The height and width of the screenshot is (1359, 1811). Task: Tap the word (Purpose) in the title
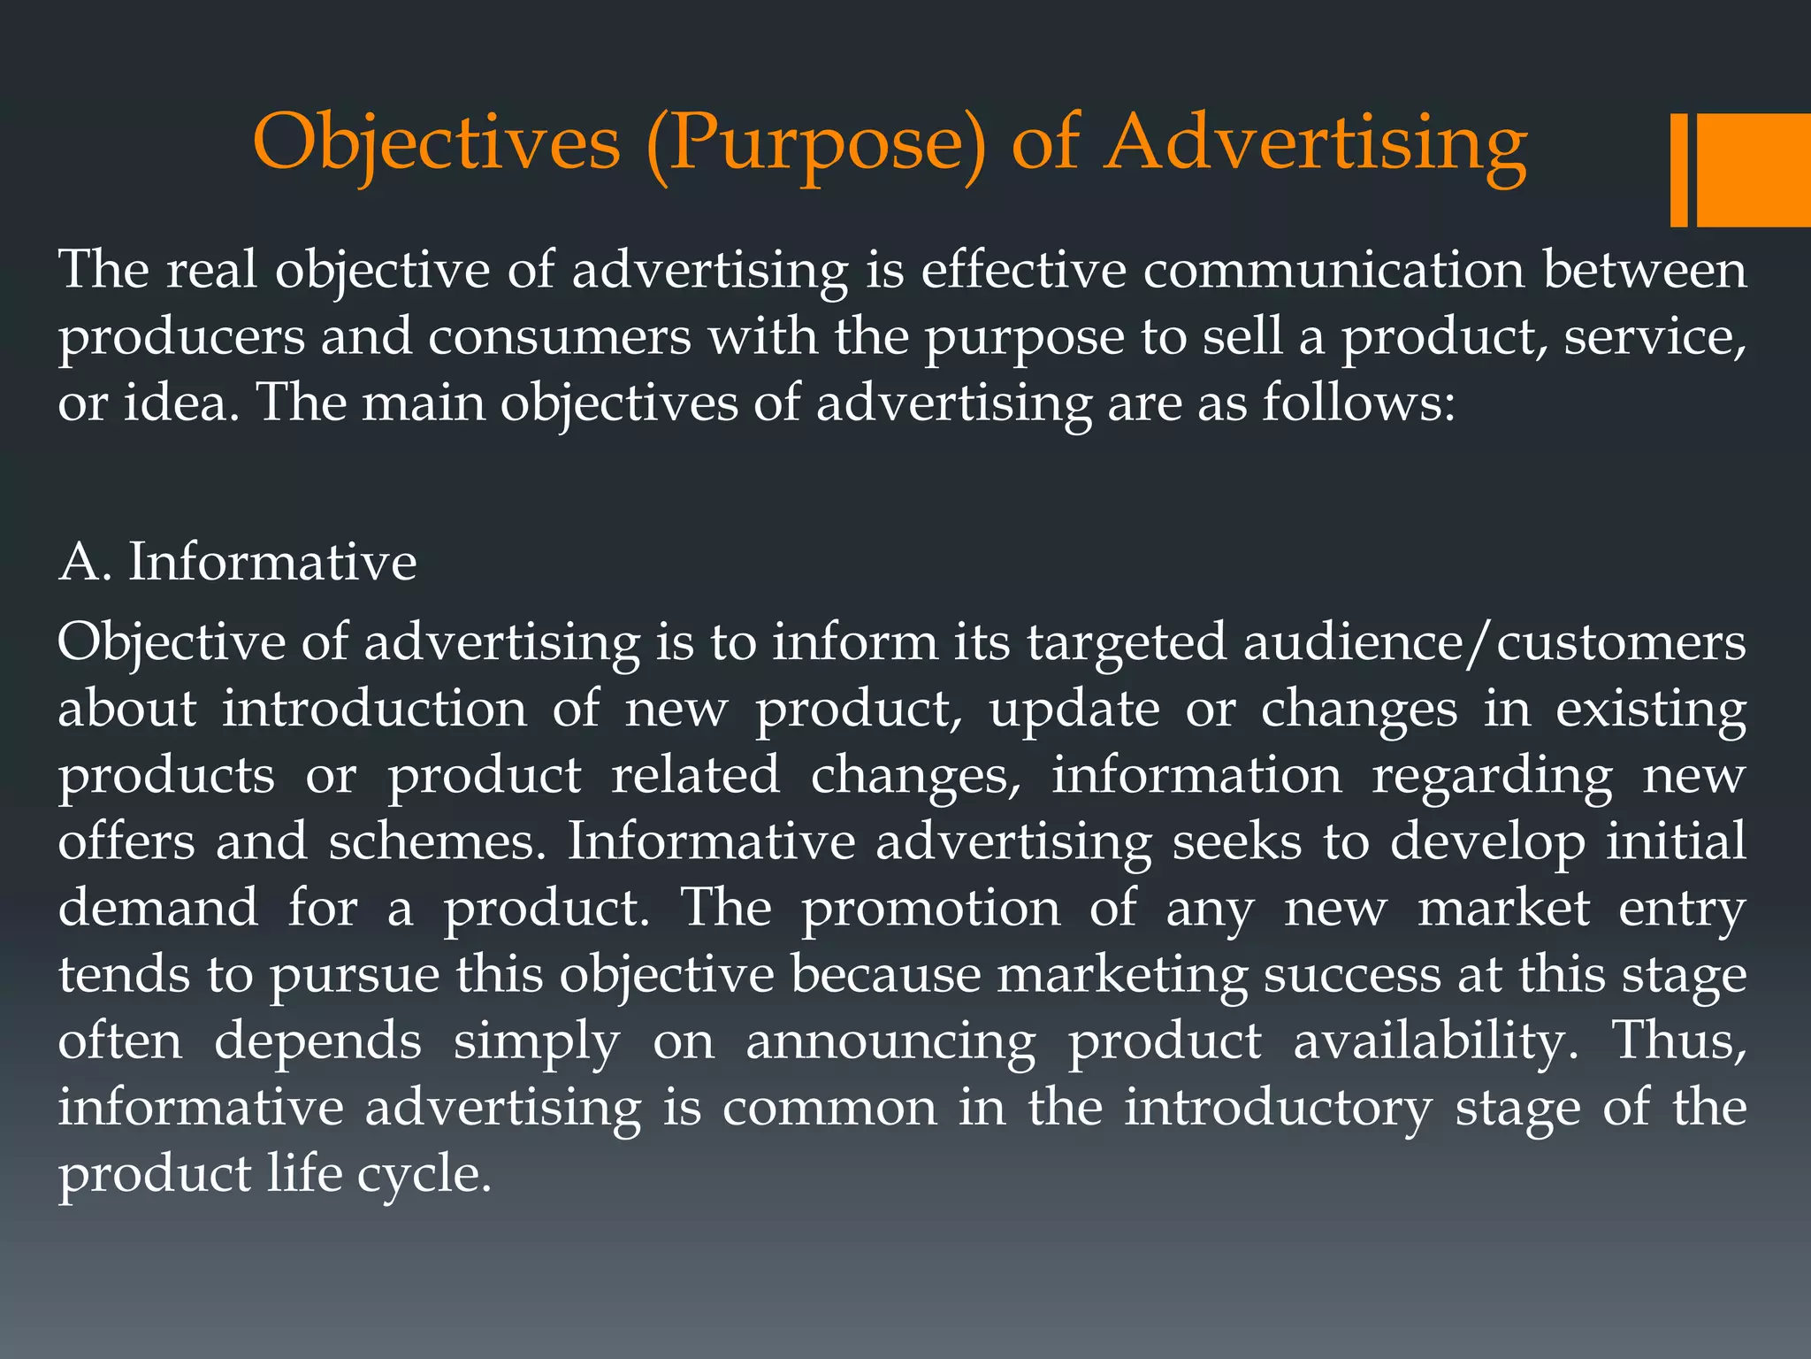coord(815,143)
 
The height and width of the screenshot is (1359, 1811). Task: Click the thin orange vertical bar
coord(1678,170)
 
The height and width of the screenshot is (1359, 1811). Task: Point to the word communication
coord(1333,269)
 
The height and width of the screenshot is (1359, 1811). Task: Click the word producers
coord(180,336)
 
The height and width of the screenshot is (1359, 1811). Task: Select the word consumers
coord(559,336)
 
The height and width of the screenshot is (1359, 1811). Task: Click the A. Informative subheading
coord(237,562)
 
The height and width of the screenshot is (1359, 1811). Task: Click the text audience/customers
coord(1494,642)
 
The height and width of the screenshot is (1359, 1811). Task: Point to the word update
coord(1074,709)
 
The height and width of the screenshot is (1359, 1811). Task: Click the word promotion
coord(930,908)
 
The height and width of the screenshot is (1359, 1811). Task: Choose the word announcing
coord(890,1040)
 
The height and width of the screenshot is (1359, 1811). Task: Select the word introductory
coord(1277,1107)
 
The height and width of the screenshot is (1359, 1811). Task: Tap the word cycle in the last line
coord(424,1174)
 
